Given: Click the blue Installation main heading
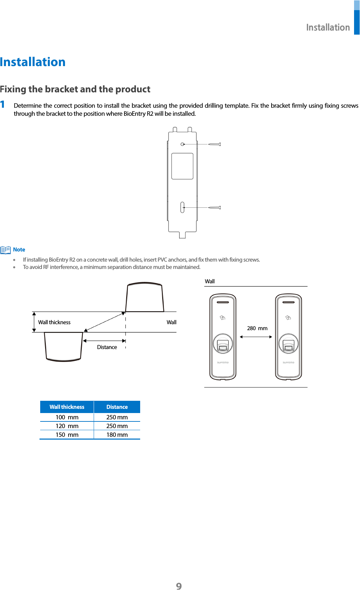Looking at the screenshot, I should pos(33,62).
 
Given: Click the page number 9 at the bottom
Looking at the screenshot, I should pos(179,586).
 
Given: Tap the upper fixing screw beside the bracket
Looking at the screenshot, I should pos(214,144).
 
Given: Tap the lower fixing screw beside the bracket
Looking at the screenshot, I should pos(214,207).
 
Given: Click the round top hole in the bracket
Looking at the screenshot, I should pos(182,144).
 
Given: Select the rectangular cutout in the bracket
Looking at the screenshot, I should pos(182,166).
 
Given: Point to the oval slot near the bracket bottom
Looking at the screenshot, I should pos(182,207).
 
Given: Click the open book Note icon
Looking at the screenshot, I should pos(6,250).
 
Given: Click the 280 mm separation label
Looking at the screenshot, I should pos(257,328).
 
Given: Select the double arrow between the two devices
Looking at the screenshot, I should pos(256,337).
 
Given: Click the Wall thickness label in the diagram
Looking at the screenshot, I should pos(54,322).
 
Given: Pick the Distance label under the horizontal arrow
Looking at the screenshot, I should pos(107,347).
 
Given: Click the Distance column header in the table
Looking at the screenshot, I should pos(117,407).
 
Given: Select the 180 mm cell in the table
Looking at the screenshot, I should pos(117,435).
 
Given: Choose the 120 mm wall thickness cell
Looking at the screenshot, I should pos(67,426).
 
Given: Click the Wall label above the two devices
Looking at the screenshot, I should pos(210,281).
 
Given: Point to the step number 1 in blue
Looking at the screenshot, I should pos(3,104).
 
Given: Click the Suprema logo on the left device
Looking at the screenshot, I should pos(223,362).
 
